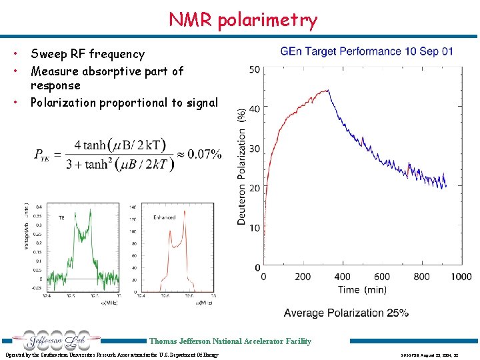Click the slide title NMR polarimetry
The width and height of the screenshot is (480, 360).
(243, 20)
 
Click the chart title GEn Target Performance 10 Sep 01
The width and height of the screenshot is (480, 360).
(367, 51)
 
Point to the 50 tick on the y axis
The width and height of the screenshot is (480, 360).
(255, 69)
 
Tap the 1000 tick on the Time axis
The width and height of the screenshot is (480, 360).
(460, 277)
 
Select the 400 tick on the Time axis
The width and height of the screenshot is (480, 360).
(342, 277)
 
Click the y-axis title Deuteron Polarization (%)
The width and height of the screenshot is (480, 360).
(241, 167)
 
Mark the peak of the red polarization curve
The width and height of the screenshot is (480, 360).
(329, 91)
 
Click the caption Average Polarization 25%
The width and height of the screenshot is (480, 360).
(346, 313)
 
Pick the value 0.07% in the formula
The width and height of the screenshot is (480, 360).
(205, 155)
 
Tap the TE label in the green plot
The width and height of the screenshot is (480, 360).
(61, 217)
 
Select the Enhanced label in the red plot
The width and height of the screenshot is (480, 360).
(164, 217)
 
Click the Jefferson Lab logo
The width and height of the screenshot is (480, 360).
(51, 341)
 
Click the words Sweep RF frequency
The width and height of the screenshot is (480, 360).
(87, 54)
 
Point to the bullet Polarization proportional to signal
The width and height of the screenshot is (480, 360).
(124, 102)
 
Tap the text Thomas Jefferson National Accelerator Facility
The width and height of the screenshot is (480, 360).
(230, 341)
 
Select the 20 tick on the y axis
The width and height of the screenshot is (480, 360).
(255, 189)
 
